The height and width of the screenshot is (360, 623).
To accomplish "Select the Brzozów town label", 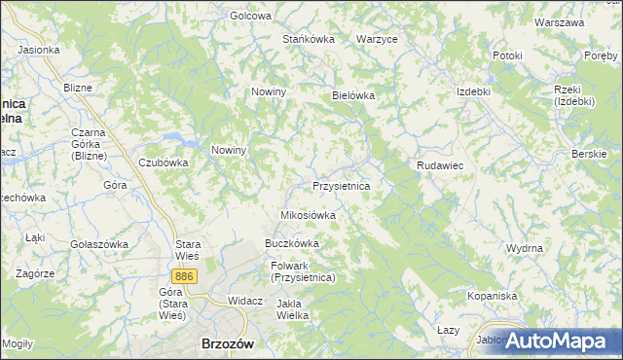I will (x=227, y=343).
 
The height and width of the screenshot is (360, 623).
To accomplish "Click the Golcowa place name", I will (x=250, y=16).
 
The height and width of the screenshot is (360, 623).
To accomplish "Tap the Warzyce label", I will (x=377, y=39).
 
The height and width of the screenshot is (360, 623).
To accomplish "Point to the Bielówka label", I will (x=353, y=96).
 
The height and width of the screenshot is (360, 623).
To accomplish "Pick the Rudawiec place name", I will (x=440, y=166).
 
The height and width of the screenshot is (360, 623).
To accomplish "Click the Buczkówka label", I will (x=292, y=243).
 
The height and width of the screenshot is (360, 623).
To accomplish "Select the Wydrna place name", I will (x=525, y=248).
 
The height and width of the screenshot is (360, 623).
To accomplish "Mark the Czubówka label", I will (x=163, y=162).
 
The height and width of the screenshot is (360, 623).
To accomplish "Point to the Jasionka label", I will (x=39, y=49).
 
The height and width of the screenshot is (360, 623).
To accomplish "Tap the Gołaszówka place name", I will (x=98, y=244).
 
